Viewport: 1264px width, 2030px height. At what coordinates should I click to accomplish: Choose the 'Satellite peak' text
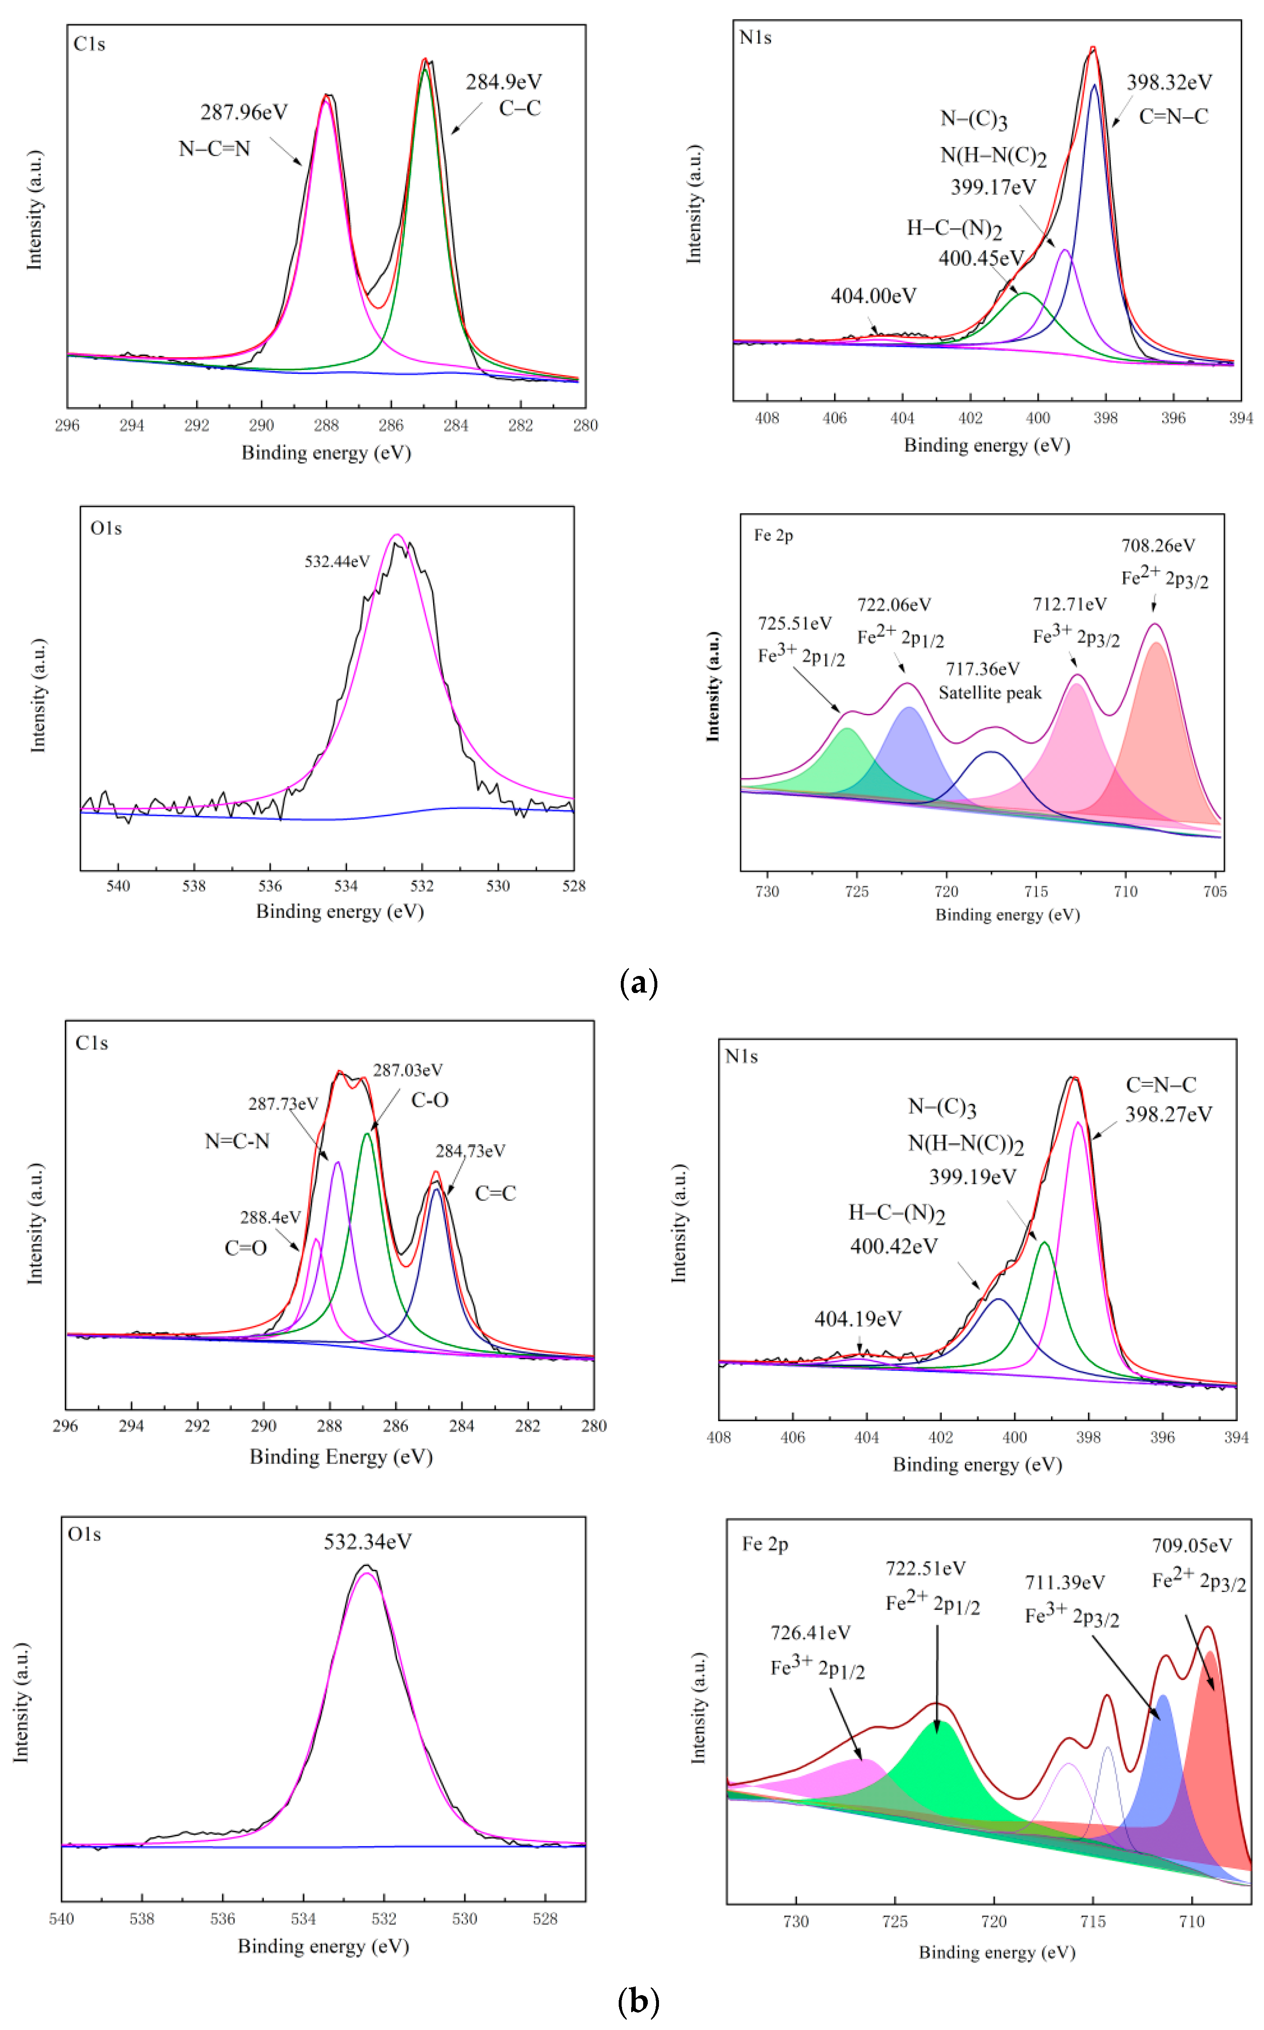990,693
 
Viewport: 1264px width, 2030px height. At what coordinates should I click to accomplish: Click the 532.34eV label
368,1542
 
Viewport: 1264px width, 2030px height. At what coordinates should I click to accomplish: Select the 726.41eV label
810,1633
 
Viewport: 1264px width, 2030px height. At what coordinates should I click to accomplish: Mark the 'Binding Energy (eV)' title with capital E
341,1457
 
